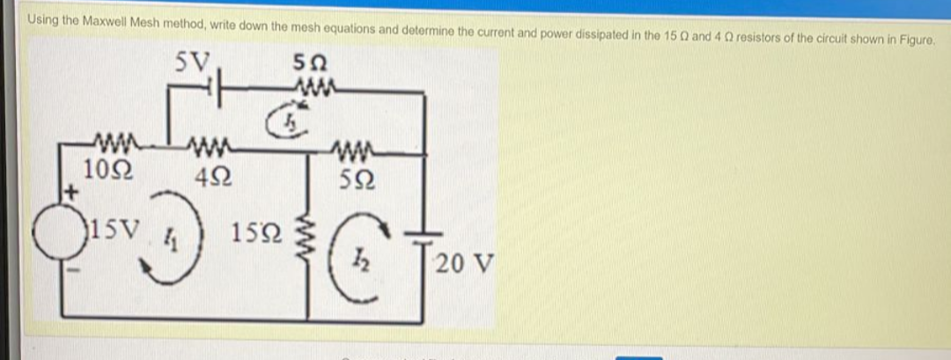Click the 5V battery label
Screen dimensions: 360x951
192,62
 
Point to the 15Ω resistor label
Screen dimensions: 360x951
256,234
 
